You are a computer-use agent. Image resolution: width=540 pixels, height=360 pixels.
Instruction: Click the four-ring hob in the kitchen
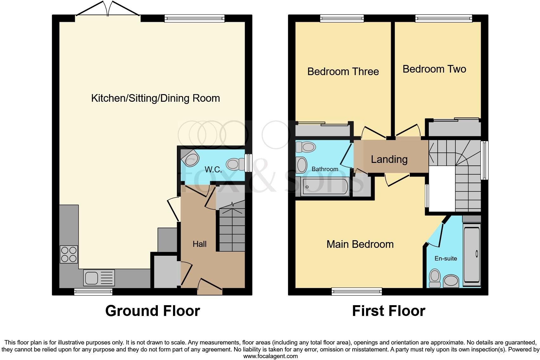[x=69, y=254]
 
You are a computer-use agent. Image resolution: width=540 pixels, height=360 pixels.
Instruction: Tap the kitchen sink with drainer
[x=99, y=278]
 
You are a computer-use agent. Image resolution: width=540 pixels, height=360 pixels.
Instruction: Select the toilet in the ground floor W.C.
[x=233, y=164]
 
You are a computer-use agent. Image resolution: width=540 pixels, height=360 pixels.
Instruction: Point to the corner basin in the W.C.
[x=190, y=157]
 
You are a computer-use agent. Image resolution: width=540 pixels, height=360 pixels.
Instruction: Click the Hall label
[x=199, y=244]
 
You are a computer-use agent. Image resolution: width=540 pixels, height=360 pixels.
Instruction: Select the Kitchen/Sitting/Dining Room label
[x=155, y=98]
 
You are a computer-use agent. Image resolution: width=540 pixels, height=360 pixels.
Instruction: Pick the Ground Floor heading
[x=152, y=311]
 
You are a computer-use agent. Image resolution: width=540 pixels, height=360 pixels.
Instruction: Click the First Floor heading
[x=389, y=311]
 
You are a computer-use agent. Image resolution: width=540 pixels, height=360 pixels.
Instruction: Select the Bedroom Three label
[x=343, y=72]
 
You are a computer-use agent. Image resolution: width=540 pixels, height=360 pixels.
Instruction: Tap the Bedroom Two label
[x=434, y=69]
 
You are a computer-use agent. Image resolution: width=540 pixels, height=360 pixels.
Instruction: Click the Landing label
[x=389, y=159]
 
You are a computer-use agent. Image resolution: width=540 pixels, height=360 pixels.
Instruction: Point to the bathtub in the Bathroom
[x=325, y=187]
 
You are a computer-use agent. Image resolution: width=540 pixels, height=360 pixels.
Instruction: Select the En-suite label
[x=446, y=258]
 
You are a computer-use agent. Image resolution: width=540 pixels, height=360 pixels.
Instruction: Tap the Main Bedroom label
[x=360, y=244]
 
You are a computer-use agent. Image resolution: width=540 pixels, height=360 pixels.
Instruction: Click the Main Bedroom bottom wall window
[x=357, y=291]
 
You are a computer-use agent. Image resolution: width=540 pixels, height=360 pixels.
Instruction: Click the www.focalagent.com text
[x=270, y=356]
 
